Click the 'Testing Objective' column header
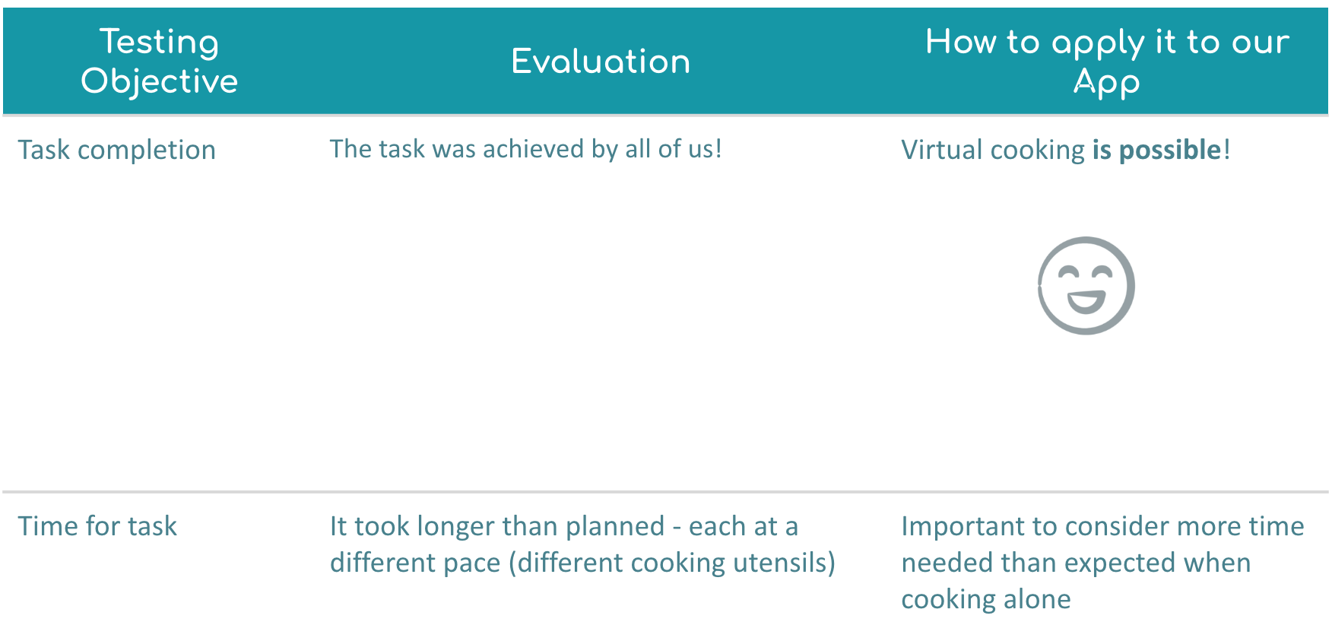pos(160,61)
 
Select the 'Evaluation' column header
pos(601,62)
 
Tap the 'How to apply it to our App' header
pos(1107,61)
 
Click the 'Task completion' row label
pos(117,150)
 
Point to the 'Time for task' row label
pos(97,526)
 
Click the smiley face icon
pos(1086,286)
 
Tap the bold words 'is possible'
pos(1156,150)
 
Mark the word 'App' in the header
pos(1107,82)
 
